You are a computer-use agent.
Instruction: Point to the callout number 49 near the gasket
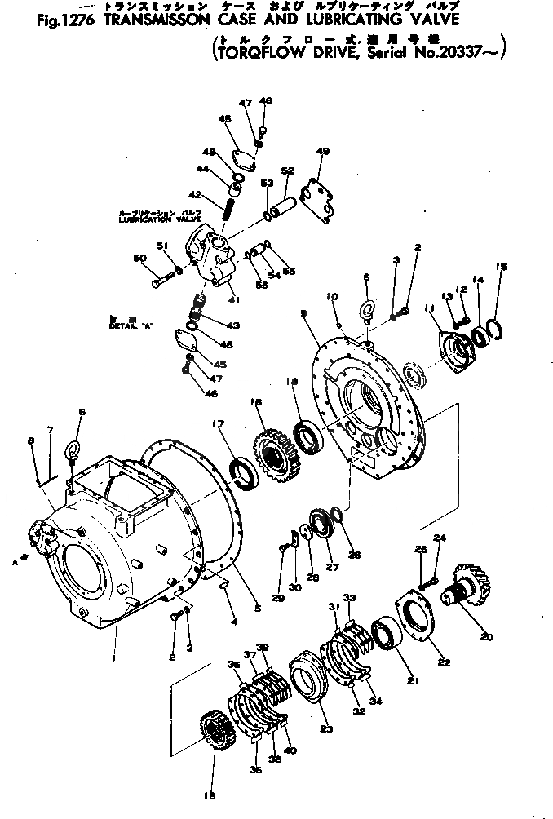coord(322,152)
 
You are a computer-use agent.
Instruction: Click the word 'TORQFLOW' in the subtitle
coord(259,56)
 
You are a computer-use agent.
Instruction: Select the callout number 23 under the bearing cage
coord(327,729)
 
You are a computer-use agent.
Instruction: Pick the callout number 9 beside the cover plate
coord(304,312)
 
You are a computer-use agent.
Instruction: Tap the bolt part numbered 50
coord(161,282)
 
